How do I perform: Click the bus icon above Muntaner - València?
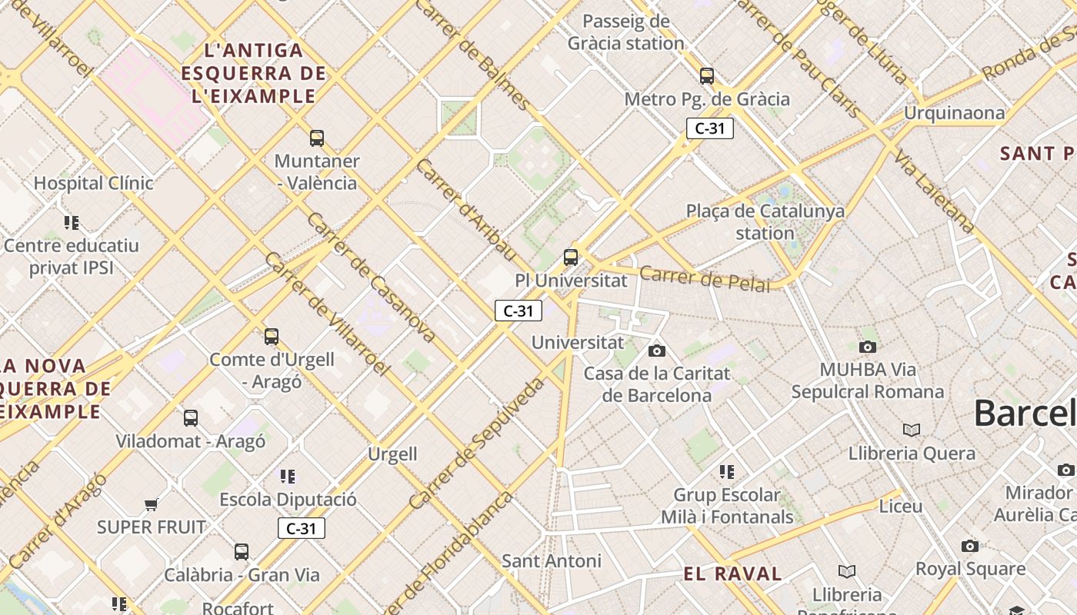pos(316,138)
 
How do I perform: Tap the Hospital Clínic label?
pos(93,183)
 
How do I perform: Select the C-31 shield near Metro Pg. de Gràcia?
pos(709,128)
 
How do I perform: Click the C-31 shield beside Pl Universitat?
pos(518,311)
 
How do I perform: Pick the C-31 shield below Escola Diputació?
pos(301,528)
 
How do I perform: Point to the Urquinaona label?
pos(954,113)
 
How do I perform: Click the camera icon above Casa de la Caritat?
pos(656,351)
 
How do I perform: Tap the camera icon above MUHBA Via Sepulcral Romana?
pos(867,347)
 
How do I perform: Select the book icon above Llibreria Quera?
pos(911,430)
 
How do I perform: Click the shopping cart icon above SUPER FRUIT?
pos(151,505)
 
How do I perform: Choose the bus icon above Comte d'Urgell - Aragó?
pos(271,336)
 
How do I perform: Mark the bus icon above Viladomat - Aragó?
pos(190,418)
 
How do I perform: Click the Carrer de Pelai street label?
pos(704,278)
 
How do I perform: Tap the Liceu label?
pos(900,507)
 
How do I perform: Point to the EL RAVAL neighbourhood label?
pos(732,573)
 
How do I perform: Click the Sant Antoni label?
pos(551,560)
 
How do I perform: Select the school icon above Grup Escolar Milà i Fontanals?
pos(726,471)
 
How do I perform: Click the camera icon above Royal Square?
pos(969,546)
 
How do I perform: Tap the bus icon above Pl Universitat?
pos(570,257)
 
